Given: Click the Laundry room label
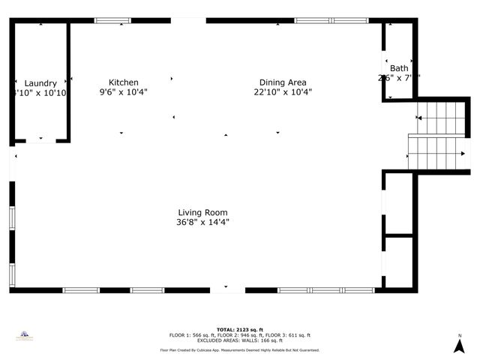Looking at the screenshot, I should (x=40, y=83).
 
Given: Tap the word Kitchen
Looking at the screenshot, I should (x=124, y=82).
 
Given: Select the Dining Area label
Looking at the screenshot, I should (x=283, y=82).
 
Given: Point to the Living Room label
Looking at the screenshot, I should (x=202, y=212).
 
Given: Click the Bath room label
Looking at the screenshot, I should (x=399, y=68).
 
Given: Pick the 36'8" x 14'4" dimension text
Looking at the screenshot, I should (x=202, y=222).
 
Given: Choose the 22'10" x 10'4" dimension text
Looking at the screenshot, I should (x=283, y=92).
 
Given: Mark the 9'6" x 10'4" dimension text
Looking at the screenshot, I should (x=124, y=92).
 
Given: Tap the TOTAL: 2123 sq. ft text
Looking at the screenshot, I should (x=240, y=329).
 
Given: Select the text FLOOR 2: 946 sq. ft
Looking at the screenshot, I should (x=240, y=335).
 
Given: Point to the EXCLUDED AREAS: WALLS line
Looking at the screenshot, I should (x=240, y=340).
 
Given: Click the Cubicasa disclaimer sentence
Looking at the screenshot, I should (x=240, y=350).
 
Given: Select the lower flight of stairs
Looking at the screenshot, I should (x=439, y=153).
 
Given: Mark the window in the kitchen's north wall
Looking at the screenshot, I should (x=112, y=21).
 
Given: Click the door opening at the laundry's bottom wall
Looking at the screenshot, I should (x=40, y=140).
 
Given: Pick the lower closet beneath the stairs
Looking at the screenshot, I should (x=398, y=262).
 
